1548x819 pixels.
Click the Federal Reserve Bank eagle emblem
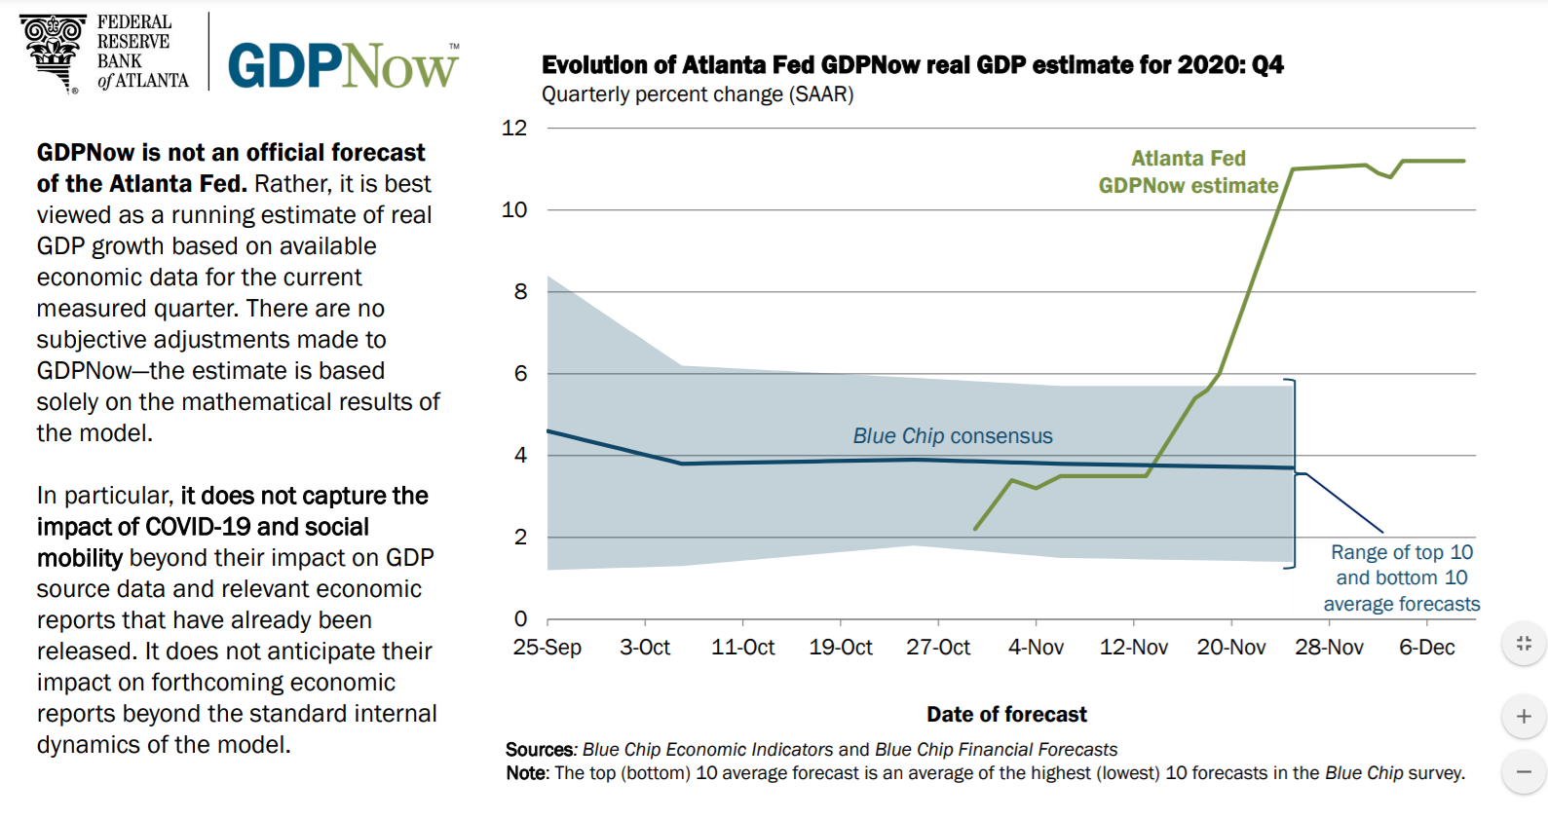[54, 51]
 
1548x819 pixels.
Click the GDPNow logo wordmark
[343, 66]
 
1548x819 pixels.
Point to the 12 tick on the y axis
[514, 128]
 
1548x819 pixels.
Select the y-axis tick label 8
[520, 291]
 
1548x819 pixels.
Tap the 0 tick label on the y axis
[520, 618]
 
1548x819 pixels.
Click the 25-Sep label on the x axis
[547, 648]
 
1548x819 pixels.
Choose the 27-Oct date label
[938, 648]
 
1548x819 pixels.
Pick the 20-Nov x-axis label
[1231, 648]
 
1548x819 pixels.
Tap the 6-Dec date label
[1427, 648]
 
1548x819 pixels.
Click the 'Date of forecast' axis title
[1006, 715]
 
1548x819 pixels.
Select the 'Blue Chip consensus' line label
[953, 436]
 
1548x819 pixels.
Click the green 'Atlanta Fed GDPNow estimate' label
[1189, 172]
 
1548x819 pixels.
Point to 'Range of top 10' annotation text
[1402, 552]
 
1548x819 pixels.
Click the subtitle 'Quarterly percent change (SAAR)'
[698, 94]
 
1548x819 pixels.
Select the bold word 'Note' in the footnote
[527, 773]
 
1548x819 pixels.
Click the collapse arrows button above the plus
[1524, 644]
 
